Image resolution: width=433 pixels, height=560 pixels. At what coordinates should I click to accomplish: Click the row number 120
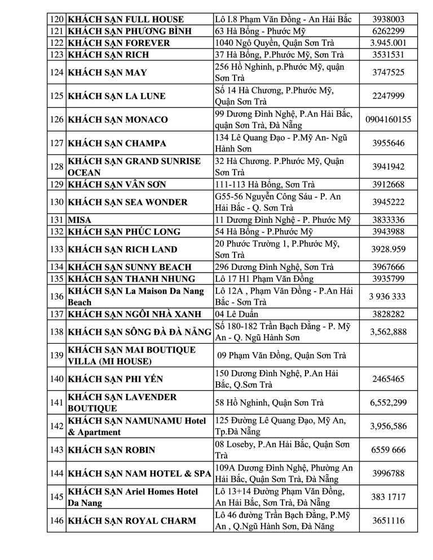tap(57, 19)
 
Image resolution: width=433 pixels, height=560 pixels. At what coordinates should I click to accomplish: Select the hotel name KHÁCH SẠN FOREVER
tap(118, 43)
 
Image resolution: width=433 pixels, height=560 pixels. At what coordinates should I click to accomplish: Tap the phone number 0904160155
tap(388, 119)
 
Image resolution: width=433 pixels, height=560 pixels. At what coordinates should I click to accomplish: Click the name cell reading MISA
tap(79, 220)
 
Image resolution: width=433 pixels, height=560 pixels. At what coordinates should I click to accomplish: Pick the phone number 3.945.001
tap(388, 43)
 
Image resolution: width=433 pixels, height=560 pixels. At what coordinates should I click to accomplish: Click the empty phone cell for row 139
tap(388, 355)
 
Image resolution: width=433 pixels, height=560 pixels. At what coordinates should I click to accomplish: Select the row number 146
tap(57, 521)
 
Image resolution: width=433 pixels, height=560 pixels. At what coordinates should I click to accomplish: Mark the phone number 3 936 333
tap(388, 296)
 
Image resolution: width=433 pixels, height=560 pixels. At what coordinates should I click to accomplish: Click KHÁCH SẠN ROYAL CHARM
tap(131, 521)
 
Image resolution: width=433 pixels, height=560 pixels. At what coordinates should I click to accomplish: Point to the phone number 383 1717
tap(388, 497)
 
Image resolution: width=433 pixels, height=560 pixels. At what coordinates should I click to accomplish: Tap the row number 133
tap(57, 249)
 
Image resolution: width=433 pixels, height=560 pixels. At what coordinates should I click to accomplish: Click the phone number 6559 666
tap(388, 450)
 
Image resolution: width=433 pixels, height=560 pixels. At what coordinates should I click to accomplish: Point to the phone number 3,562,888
tap(388, 332)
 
